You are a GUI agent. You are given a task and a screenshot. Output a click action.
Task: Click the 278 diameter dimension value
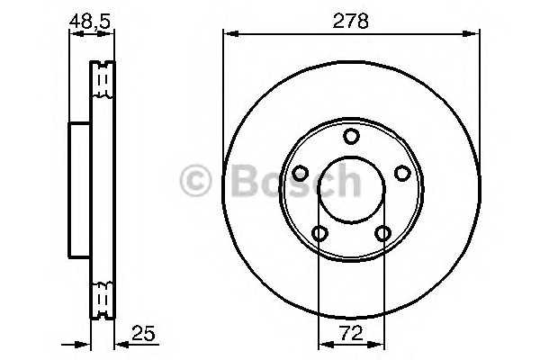tap(350, 20)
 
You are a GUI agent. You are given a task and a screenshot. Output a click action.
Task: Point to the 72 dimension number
tap(350, 333)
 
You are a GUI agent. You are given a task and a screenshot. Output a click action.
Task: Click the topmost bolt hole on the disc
tap(351, 136)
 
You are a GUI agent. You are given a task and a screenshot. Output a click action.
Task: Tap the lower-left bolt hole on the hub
tap(319, 234)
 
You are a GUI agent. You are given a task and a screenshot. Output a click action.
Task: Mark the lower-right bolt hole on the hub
tap(383, 234)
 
